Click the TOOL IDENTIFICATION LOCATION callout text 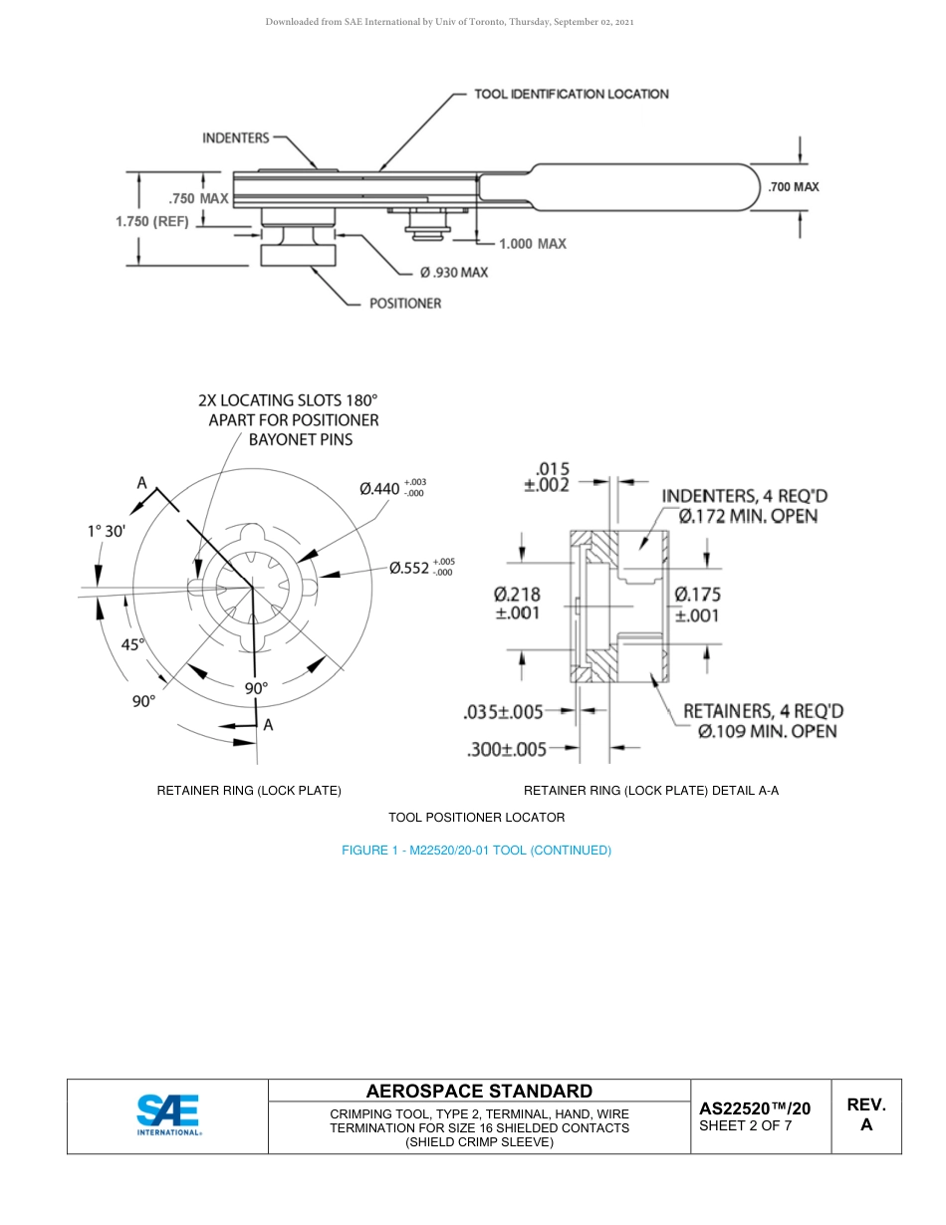click(571, 94)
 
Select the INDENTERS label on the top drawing click(236, 137)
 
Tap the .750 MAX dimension click(198, 198)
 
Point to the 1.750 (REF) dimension click(152, 222)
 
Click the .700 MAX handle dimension click(794, 186)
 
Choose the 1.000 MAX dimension click(533, 243)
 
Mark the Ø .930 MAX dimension click(454, 272)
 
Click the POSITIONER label click(405, 303)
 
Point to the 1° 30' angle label click(106, 531)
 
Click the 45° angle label click(133, 644)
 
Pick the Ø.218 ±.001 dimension click(518, 604)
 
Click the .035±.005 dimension click(504, 711)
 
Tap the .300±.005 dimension click(507, 749)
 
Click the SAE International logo click(168, 1115)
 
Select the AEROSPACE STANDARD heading click(479, 1091)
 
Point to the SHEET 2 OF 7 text click(746, 1126)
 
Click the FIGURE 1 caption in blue click(476, 850)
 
